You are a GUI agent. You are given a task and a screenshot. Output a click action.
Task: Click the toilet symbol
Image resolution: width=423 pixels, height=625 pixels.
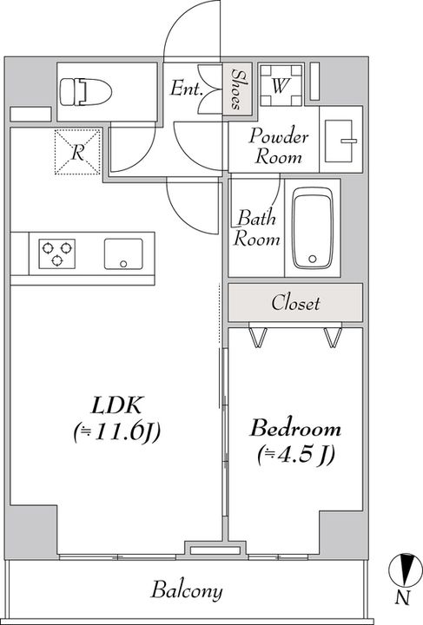click(86, 92)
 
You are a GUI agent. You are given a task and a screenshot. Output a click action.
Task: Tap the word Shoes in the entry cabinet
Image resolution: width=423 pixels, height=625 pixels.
click(238, 89)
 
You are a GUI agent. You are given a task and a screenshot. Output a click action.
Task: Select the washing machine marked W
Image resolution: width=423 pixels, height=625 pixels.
click(281, 85)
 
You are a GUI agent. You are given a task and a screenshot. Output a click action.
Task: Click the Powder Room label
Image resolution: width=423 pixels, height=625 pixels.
click(279, 146)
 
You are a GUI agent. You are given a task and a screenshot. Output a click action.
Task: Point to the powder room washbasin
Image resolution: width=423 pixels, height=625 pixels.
click(340, 141)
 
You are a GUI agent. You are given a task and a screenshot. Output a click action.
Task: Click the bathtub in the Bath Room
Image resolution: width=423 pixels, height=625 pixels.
click(313, 227)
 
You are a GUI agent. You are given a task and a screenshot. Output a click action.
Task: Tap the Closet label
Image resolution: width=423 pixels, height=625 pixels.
click(295, 303)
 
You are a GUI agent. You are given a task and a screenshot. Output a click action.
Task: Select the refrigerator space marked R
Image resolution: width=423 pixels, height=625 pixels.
click(77, 152)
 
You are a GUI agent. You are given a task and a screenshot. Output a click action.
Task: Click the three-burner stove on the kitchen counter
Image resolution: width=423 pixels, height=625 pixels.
click(56, 253)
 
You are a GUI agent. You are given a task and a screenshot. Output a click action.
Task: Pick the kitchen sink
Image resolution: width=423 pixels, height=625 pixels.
click(123, 253)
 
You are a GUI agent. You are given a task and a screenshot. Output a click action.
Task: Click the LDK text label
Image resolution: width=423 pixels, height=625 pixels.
click(116, 405)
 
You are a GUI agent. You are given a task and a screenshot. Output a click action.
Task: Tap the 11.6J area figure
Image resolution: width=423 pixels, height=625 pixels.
click(117, 432)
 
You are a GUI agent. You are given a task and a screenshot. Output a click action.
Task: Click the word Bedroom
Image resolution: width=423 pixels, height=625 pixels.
click(295, 428)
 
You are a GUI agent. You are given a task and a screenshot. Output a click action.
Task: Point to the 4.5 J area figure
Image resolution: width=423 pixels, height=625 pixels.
click(296, 455)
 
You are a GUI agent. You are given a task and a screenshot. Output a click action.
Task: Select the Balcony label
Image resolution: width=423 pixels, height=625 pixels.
click(187, 591)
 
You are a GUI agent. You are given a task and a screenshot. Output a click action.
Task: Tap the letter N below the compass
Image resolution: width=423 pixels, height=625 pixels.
click(403, 598)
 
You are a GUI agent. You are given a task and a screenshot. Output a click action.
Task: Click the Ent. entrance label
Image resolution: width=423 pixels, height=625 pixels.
click(185, 89)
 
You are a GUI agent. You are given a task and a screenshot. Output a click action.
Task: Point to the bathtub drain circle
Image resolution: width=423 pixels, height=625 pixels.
click(313, 259)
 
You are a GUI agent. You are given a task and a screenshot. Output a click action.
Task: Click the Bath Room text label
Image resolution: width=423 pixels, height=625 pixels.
click(256, 228)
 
